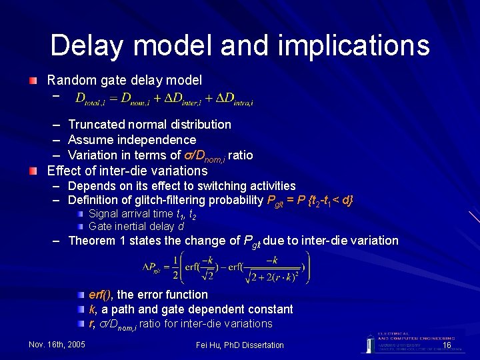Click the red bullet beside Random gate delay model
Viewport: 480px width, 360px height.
(x=33, y=81)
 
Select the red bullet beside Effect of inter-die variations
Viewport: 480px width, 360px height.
(x=33, y=171)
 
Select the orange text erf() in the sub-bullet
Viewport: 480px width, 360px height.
(x=101, y=295)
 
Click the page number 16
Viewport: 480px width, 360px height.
(x=447, y=345)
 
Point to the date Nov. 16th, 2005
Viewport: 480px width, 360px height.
(x=57, y=345)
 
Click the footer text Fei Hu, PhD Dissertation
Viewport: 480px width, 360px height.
(x=240, y=345)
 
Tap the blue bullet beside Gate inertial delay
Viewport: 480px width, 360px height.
(x=80, y=227)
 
